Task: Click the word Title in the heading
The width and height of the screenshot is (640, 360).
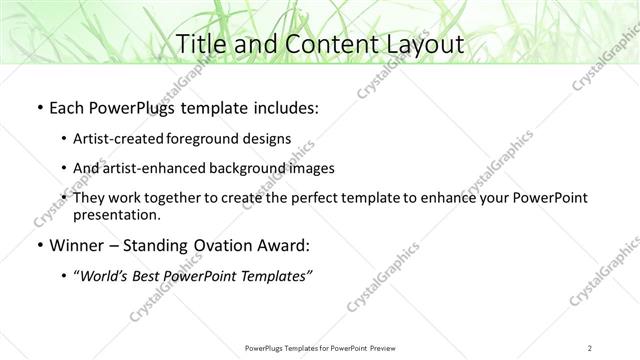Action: tap(205, 45)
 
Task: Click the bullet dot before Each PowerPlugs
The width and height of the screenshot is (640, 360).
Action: tap(39, 107)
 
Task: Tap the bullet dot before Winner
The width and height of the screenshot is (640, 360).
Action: tap(39, 246)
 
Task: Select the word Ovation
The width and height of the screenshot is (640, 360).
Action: tap(227, 246)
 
